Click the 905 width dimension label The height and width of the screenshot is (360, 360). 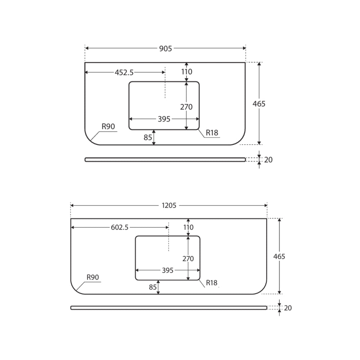click(166, 49)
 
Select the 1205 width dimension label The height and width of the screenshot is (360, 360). click(169, 205)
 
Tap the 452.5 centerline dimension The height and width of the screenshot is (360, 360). click(124, 73)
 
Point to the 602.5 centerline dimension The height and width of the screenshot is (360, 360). click(120, 227)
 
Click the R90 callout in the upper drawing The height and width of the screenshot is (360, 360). click(108, 126)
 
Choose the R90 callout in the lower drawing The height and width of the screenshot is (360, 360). click(93, 277)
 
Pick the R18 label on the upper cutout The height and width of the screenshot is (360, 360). click(212, 133)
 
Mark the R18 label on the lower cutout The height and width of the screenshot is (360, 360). click(211, 283)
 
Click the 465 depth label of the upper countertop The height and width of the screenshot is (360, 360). click(259, 104)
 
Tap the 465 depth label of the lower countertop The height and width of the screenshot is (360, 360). click(279, 256)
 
